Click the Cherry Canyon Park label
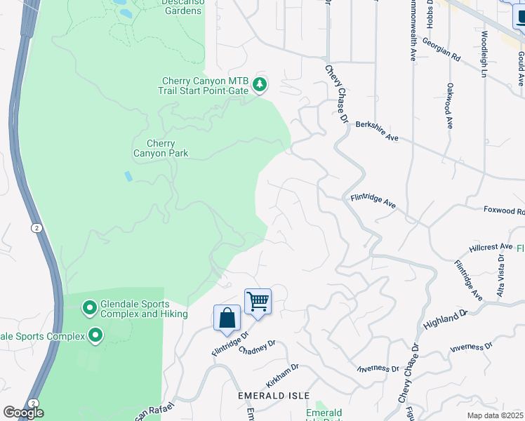pos(161,148)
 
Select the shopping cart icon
pos(258,302)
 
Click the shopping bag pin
pos(227,319)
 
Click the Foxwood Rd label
pos(504,210)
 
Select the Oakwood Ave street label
pos(449,106)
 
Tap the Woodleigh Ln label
pos(484,53)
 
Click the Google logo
pos(23,413)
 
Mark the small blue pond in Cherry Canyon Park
pos(128,176)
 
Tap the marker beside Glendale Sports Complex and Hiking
pos(89,308)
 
